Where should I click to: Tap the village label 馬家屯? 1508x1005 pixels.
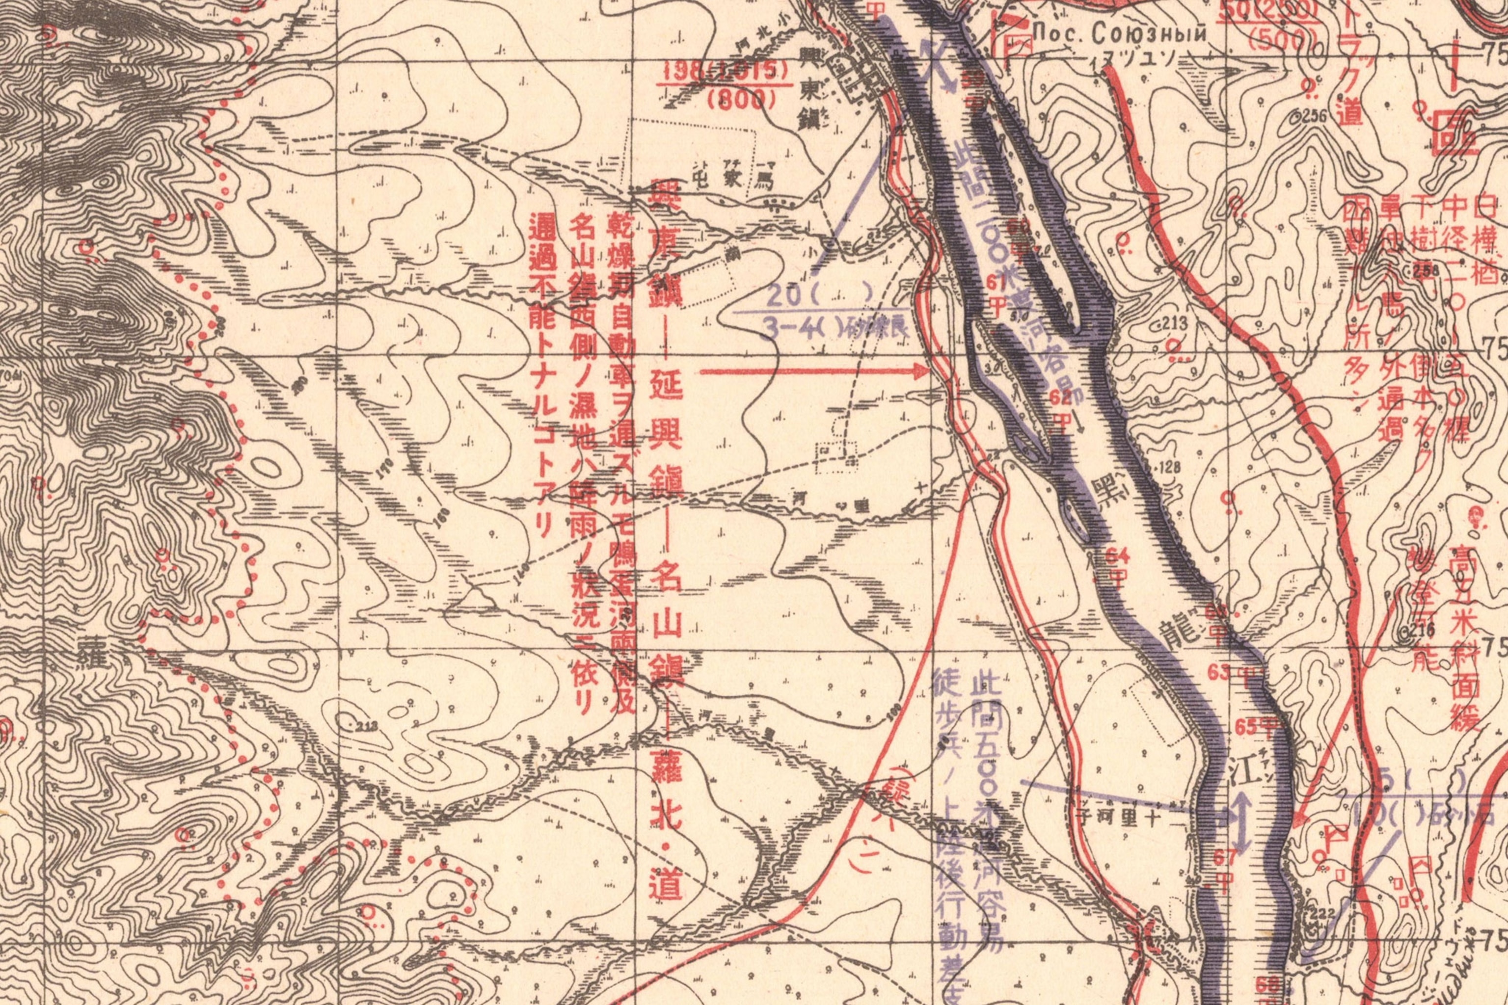coord(734,180)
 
